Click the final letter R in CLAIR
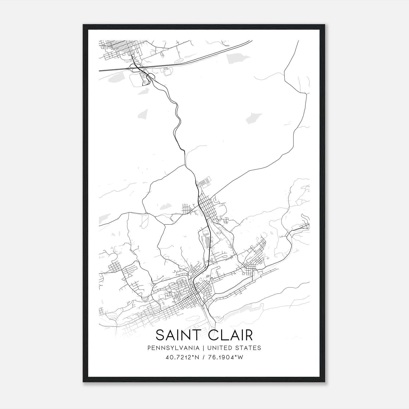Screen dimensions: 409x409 coord(248,335)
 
